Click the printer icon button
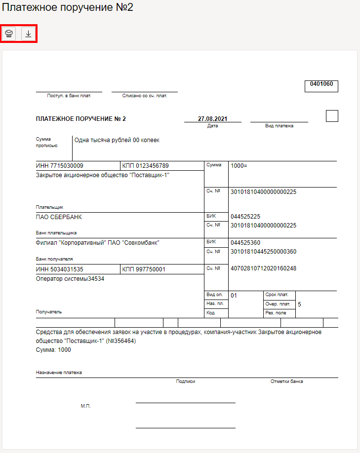[x=9, y=34]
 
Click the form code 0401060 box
[x=321, y=84]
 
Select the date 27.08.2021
[x=212, y=119]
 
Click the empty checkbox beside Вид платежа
[x=332, y=116]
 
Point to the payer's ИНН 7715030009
[x=60, y=166]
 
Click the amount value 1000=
[x=239, y=166]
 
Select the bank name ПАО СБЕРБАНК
[x=59, y=217]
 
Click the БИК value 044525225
[x=245, y=217]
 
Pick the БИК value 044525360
[x=245, y=243]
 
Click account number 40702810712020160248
[x=263, y=269]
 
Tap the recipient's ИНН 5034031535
[x=60, y=269]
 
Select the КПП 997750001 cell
[x=144, y=269]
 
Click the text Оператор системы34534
[x=71, y=279]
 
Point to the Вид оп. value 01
[x=234, y=296]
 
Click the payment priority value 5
[x=300, y=304]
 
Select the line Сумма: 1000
[x=54, y=350]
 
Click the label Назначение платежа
[x=59, y=373]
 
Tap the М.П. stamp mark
[x=85, y=406]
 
